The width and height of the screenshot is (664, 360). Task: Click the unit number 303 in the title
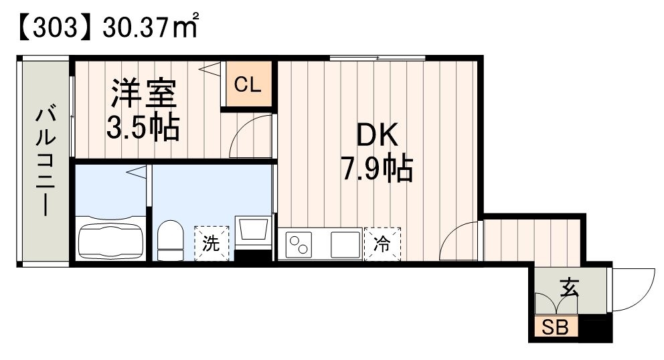point(50,29)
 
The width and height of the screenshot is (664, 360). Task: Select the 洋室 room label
point(143,94)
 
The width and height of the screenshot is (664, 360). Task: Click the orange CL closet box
point(248,85)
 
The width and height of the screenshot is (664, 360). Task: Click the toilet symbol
point(170,241)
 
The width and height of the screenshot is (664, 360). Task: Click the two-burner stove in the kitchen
point(300,244)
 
